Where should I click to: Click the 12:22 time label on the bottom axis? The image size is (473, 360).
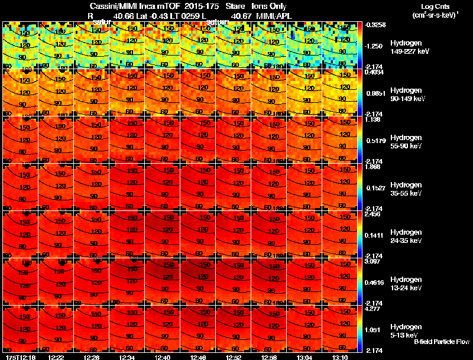56,357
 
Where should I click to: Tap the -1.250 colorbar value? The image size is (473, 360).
375,46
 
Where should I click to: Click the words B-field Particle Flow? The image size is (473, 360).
442,342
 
